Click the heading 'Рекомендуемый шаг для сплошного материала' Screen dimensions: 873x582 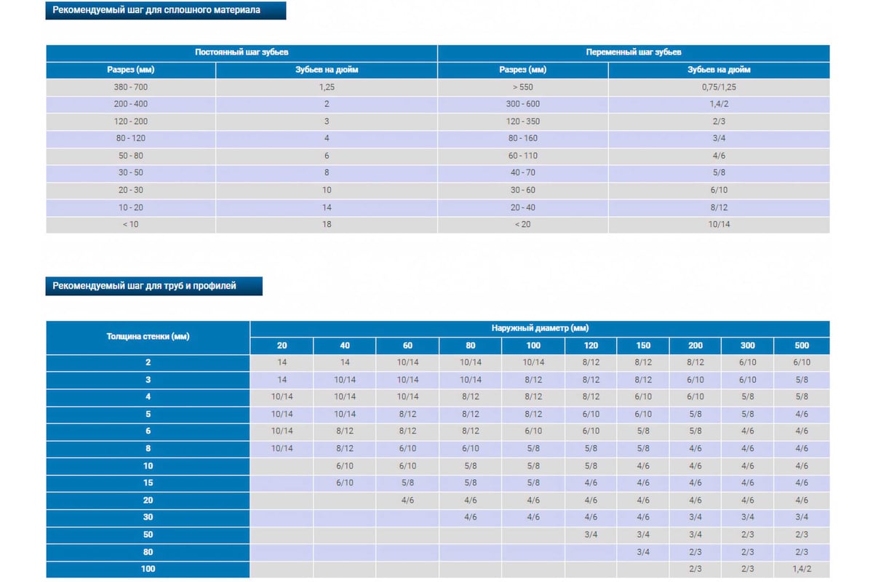click(x=156, y=10)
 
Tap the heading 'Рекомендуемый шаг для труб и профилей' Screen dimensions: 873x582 click(x=144, y=286)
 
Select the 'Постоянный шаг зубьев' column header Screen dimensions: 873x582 click(x=242, y=52)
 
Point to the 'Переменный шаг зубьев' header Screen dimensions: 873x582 click(x=634, y=52)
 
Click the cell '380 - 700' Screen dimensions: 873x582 click(x=130, y=87)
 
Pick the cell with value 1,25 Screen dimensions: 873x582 click(x=327, y=87)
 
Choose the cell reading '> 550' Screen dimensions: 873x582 click(x=522, y=87)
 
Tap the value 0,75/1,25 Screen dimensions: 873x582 click(x=719, y=87)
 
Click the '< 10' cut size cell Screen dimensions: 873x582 click(x=130, y=224)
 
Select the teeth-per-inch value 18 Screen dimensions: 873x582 click(x=327, y=224)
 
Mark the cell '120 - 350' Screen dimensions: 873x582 click(x=522, y=121)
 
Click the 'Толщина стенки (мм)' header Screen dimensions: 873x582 click(x=148, y=336)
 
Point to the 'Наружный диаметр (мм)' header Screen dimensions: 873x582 click(x=540, y=328)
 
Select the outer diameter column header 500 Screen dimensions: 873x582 click(x=802, y=346)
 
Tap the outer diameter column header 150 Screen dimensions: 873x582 click(x=643, y=346)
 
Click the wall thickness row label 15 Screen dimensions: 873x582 click(x=148, y=482)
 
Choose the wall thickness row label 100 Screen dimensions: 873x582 click(x=148, y=569)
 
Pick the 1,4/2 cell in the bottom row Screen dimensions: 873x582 click(x=802, y=569)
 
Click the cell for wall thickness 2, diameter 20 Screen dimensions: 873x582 click(x=282, y=362)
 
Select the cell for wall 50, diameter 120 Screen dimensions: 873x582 click(x=591, y=535)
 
